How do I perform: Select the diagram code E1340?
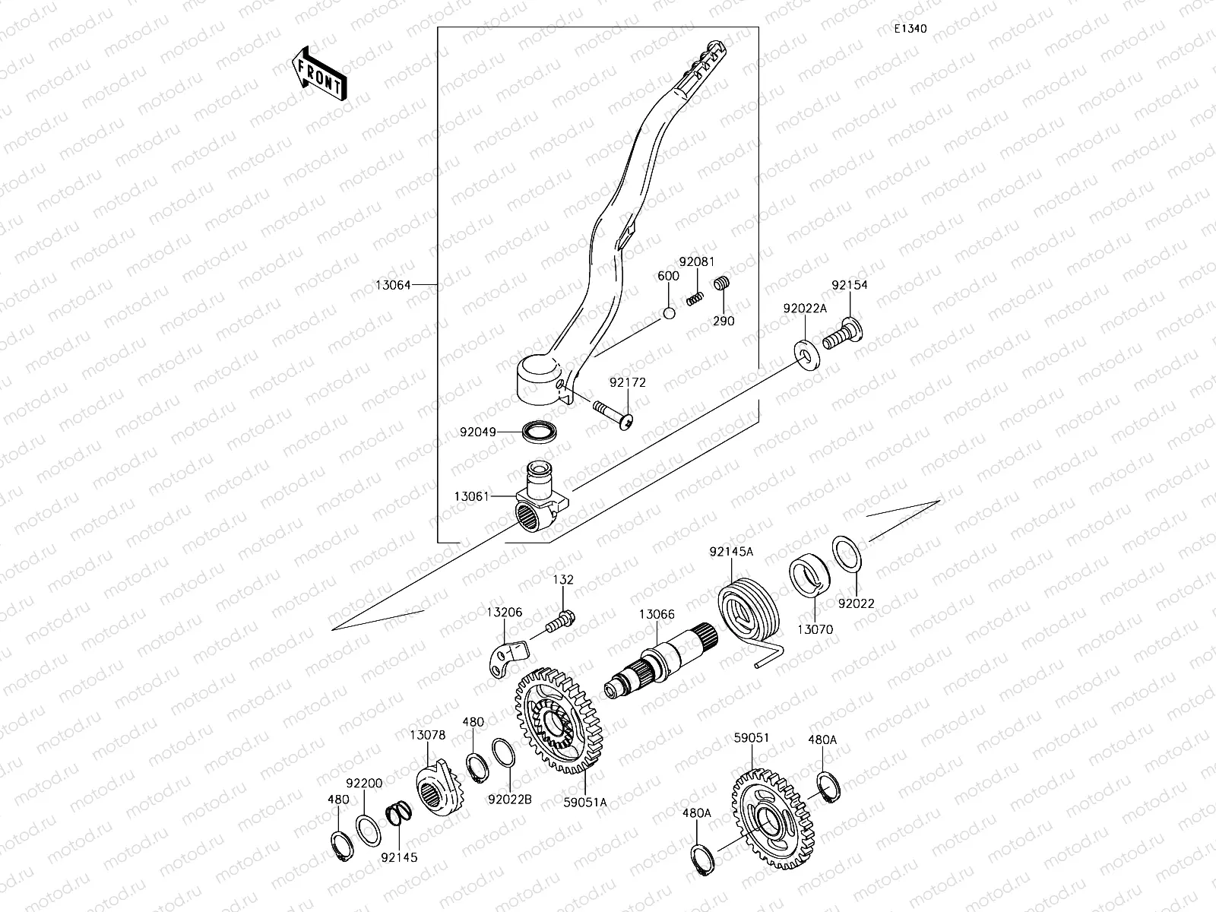[x=910, y=29]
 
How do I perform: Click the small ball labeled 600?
[x=669, y=313]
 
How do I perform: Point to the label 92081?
[x=697, y=261]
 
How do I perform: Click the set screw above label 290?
[x=721, y=285]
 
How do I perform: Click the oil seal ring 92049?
[x=538, y=432]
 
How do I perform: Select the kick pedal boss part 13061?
[x=537, y=505]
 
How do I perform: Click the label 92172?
[x=627, y=382]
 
